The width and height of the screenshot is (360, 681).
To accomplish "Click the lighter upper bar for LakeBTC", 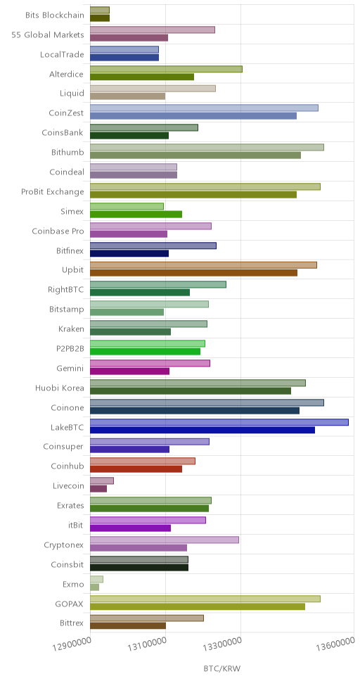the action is (x=219, y=422).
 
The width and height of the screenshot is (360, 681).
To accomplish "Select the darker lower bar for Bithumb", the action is (x=195, y=155).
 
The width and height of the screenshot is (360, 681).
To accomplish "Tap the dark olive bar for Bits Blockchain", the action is (x=100, y=18).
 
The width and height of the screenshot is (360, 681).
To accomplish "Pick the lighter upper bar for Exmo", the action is (x=97, y=580).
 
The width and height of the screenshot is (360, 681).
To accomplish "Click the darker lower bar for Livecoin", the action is (x=98, y=489).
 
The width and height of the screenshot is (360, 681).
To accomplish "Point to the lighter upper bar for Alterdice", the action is (x=167, y=69).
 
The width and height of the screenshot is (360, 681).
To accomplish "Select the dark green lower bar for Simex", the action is (x=136, y=214).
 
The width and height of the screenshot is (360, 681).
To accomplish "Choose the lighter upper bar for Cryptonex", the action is (x=165, y=540).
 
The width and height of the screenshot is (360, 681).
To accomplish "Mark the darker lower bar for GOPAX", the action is (x=198, y=606).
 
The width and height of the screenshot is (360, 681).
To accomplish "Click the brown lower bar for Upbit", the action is (x=193, y=273).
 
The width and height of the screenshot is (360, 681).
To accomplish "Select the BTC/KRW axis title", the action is (x=221, y=668).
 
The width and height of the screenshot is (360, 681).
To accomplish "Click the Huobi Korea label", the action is (x=60, y=388).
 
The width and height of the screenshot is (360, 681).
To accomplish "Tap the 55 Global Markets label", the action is (x=48, y=34).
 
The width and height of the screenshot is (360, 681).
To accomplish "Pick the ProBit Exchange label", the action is (x=53, y=192).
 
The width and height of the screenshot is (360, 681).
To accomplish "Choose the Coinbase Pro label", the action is (x=58, y=231).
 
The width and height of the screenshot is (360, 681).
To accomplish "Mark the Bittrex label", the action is (x=72, y=624).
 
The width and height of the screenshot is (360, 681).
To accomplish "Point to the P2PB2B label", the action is (x=70, y=349).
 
